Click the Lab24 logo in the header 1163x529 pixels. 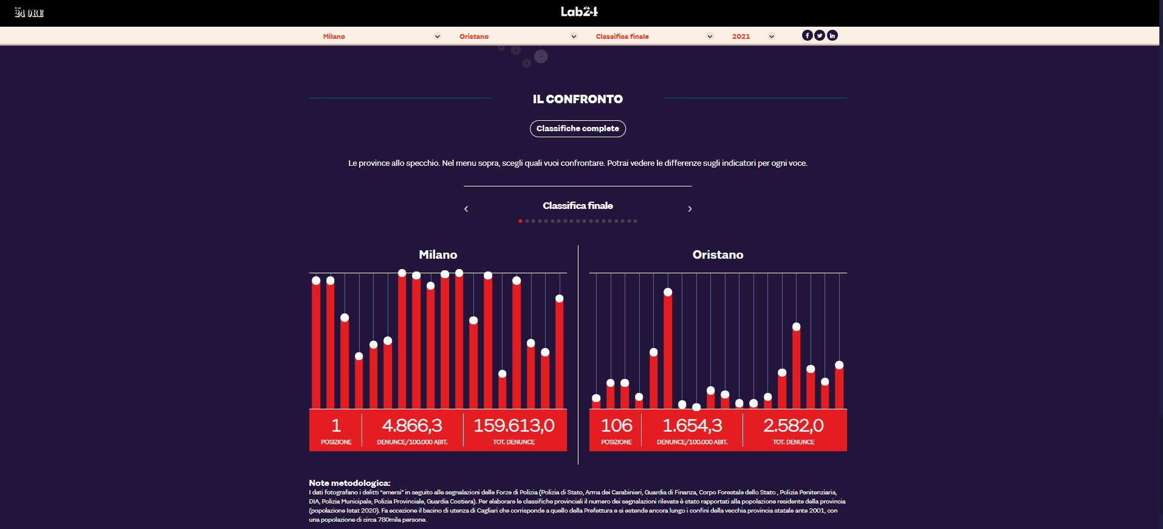579,12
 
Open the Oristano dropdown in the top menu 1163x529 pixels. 517,36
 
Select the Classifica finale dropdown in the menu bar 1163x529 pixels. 654,36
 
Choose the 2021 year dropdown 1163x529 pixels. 753,36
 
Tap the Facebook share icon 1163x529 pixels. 807,35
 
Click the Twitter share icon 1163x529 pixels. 820,35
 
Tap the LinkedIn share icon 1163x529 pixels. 832,35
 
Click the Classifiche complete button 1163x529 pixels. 578,129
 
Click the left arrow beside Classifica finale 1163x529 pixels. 466,209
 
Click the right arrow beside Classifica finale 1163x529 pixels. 690,209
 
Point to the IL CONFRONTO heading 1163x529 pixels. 578,99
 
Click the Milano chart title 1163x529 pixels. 437,255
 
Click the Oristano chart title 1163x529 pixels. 718,255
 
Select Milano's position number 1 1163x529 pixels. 336,426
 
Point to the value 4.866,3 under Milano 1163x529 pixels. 412,426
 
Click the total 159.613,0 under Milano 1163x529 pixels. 514,426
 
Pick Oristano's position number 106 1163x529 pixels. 616,426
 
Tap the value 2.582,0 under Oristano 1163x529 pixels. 794,426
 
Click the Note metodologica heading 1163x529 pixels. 349,483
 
